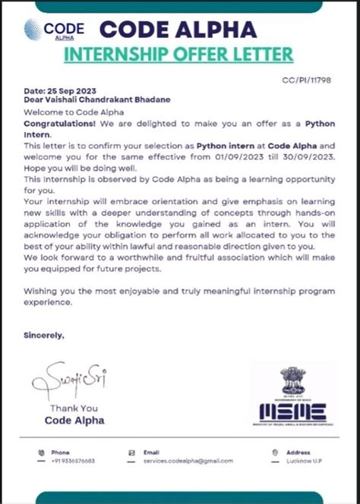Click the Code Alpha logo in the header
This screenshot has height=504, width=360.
(x=54, y=30)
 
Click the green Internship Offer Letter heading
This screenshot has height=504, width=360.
(x=178, y=55)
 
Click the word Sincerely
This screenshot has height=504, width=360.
(x=44, y=334)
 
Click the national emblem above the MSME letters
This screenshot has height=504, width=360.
(x=292, y=380)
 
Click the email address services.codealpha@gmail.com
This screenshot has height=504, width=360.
(x=188, y=460)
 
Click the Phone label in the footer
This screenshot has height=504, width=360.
(x=60, y=452)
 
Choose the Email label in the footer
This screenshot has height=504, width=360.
(x=151, y=452)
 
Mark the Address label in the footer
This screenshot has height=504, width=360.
(x=298, y=452)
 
